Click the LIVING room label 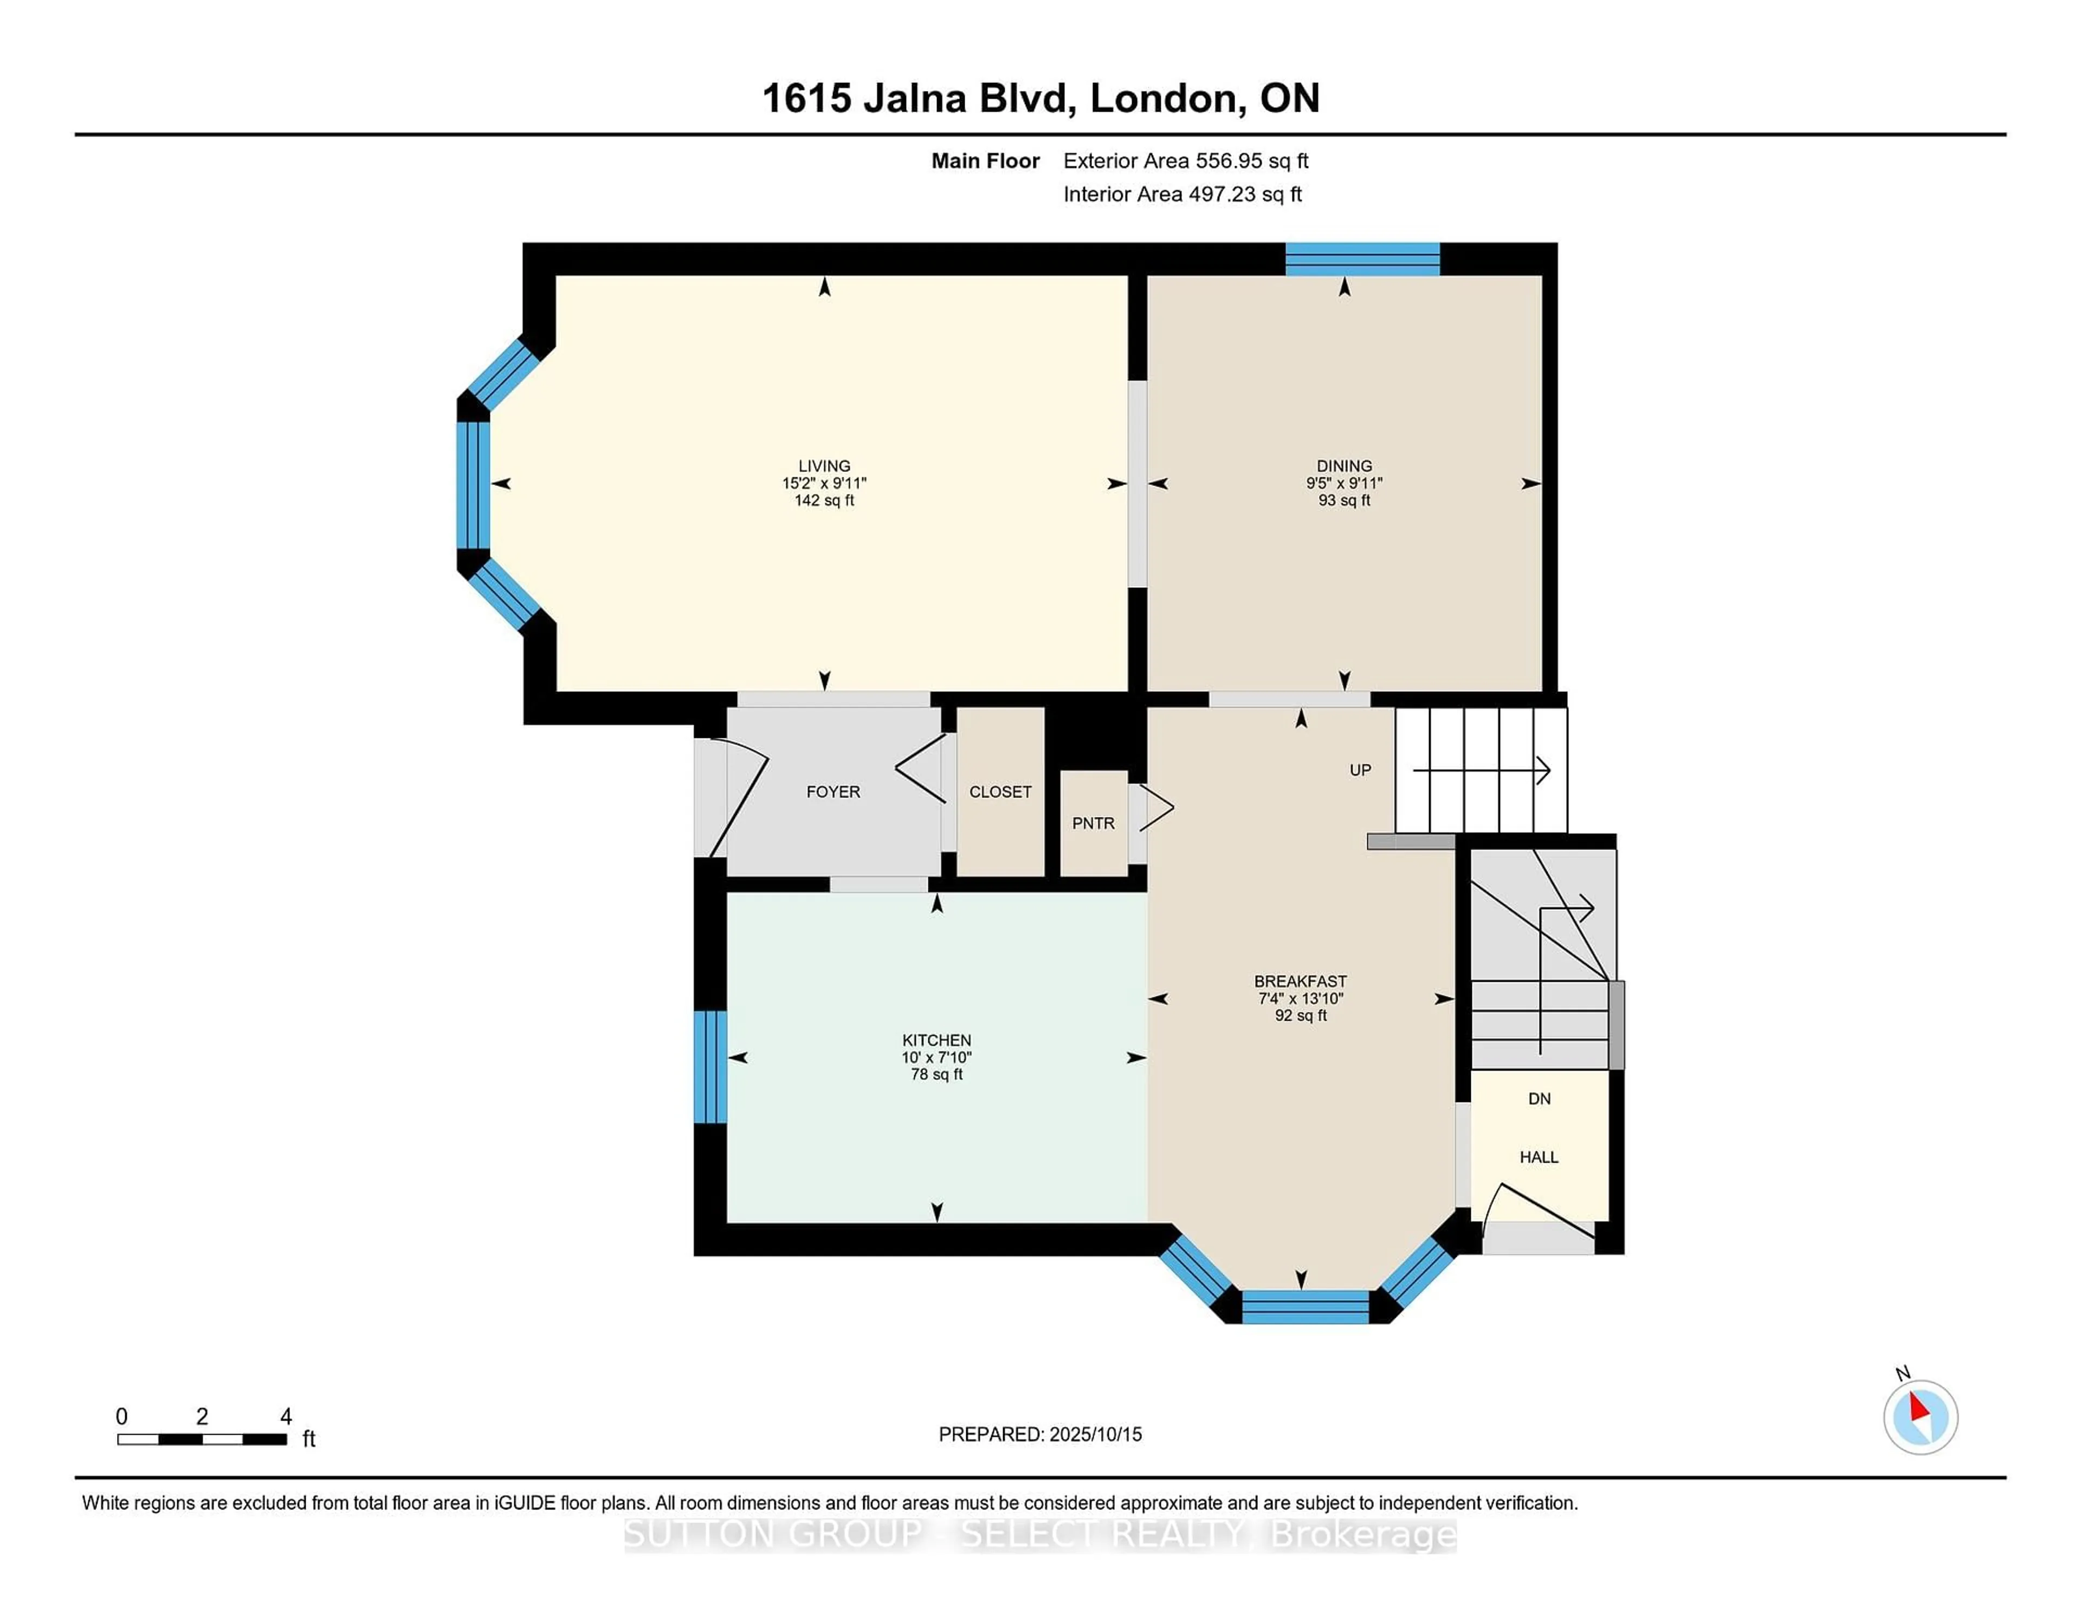tap(824, 466)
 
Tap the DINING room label tap(1345, 466)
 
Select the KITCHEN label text tap(936, 1040)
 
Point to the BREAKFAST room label tap(1301, 981)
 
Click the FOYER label tap(833, 792)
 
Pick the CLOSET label tap(1000, 792)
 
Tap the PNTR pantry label tap(1093, 823)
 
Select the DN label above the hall tap(1540, 1098)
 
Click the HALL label tap(1539, 1157)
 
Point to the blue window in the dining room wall tap(1362, 259)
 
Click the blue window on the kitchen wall tap(710, 1067)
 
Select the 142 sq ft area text tap(824, 500)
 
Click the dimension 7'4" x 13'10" tap(1301, 998)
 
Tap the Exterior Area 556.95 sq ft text tap(1186, 161)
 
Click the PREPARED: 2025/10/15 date tap(1040, 1434)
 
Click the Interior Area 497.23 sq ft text tap(1182, 194)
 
